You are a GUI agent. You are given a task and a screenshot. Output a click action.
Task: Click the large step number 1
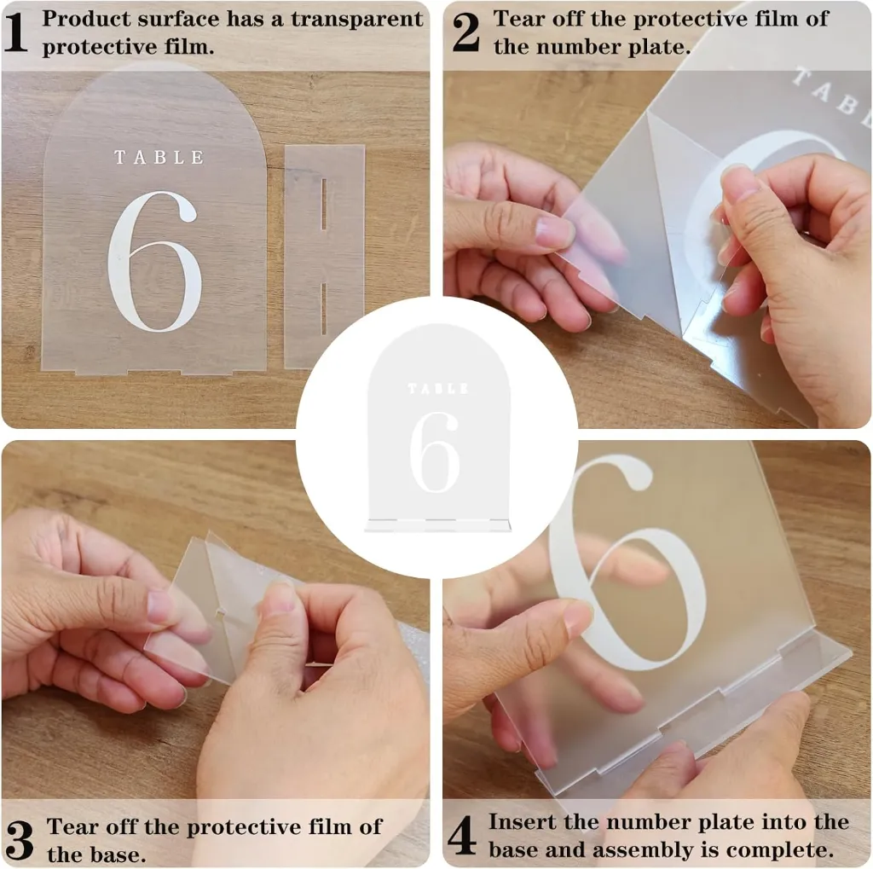point(16,32)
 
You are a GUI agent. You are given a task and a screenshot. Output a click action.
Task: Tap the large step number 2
point(466,32)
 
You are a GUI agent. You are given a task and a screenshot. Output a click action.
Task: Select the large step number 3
point(20,840)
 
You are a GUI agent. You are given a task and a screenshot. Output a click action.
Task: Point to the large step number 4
point(461,835)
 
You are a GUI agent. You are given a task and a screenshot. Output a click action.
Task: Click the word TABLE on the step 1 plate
point(159,158)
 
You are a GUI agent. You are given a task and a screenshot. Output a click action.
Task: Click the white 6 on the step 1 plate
point(153,261)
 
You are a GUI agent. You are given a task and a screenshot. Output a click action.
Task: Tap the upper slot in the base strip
point(324,204)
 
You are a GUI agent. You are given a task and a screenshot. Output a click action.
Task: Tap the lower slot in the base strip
point(324,309)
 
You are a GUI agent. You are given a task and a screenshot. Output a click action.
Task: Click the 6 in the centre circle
point(435,452)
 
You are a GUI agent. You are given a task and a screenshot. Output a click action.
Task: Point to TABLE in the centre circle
point(438,388)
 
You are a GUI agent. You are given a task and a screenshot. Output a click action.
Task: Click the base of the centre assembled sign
point(437,525)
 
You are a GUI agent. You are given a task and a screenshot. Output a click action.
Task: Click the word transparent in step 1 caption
point(357,19)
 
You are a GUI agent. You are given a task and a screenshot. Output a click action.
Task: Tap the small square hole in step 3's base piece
point(221,614)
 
